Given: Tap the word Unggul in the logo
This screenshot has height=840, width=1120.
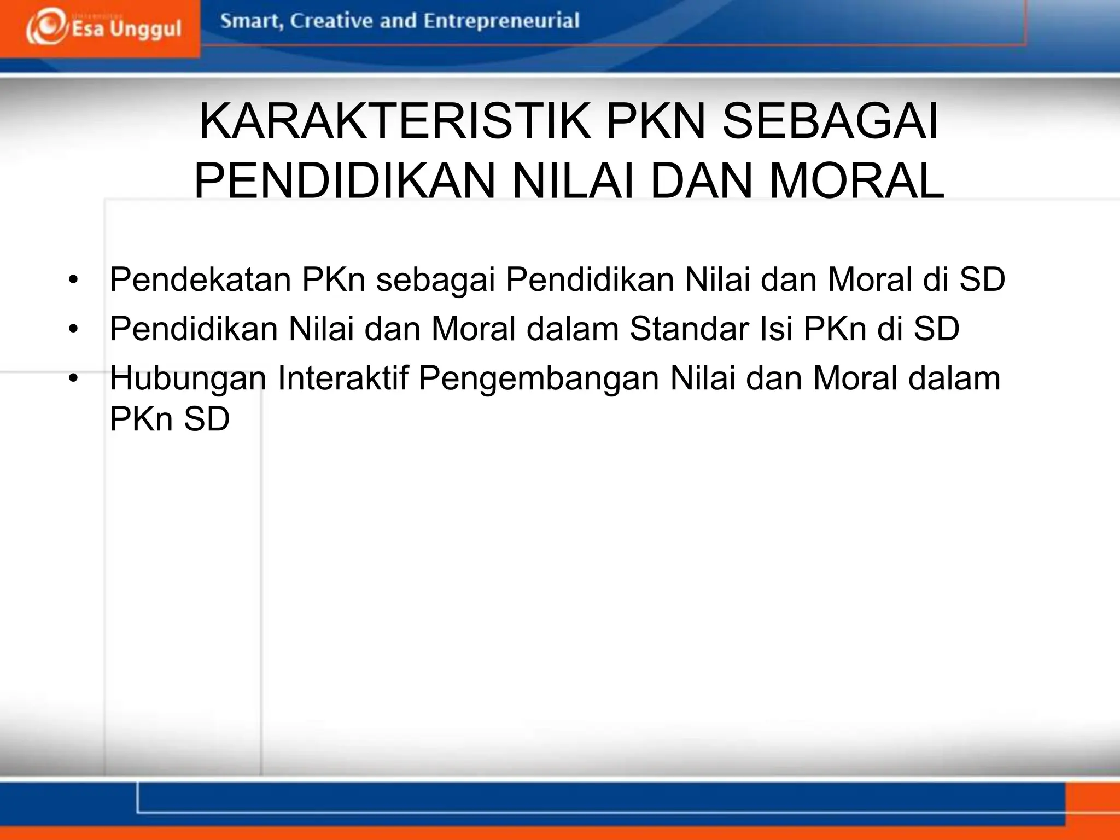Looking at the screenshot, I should tap(145, 29).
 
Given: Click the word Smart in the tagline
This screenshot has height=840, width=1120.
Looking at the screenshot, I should tap(250, 21).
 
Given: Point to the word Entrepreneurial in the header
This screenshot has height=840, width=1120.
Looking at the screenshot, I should tap(501, 21).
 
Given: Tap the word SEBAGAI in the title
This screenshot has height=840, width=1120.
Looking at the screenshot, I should tap(830, 122).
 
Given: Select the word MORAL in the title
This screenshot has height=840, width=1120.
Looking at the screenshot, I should tap(856, 180).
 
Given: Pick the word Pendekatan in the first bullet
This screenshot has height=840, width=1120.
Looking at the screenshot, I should tap(200, 279).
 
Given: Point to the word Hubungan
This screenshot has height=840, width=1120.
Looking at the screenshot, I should tap(188, 378).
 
